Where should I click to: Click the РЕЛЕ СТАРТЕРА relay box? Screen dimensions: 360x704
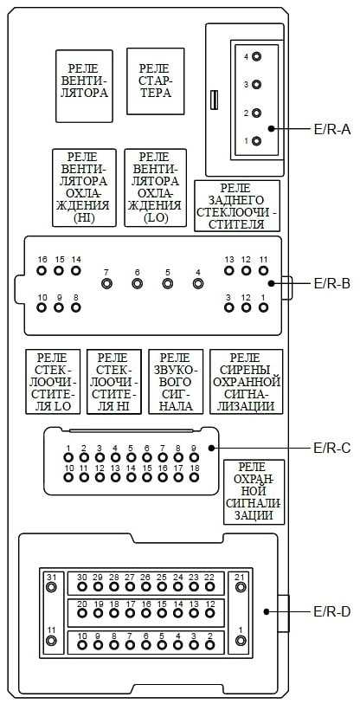[155, 81]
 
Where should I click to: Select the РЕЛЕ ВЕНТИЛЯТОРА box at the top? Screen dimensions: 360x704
[84, 86]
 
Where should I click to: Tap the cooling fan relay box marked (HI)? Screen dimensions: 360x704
[84, 188]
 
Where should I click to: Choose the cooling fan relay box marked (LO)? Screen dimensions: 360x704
[155, 188]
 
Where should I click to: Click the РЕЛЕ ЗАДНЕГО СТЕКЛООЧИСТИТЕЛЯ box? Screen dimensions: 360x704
[237, 205]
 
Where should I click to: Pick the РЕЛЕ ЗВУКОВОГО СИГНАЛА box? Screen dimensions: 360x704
[176, 381]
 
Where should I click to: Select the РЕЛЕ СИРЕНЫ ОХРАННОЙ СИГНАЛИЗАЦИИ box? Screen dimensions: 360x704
[246, 381]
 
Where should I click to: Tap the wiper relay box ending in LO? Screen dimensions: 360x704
[53, 381]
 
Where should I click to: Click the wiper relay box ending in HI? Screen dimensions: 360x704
[114, 381]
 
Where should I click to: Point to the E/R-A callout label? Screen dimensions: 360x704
[331, 129]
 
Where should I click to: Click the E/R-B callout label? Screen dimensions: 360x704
[331, 283]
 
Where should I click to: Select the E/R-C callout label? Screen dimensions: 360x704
[331, 448]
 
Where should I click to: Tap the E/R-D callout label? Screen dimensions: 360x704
[331, 611]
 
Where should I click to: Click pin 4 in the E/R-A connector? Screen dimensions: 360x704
[257, 57]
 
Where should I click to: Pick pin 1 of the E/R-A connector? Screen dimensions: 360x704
[257, 141]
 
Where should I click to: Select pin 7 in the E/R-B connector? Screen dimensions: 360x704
[106, 284]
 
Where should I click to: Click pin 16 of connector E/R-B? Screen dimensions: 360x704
[42, 271]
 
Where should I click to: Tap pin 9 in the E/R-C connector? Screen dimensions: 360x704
[194, 457]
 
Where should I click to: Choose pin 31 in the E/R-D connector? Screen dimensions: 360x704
[52, 587]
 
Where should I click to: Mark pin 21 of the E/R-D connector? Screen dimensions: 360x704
[241, 587]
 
